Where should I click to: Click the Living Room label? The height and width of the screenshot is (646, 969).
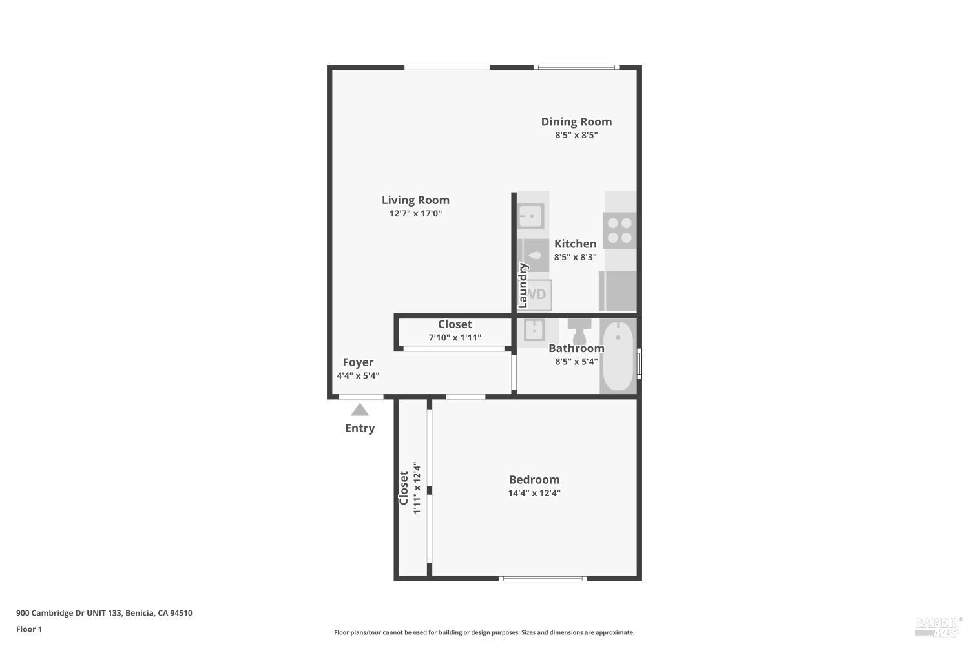tap(415, 200)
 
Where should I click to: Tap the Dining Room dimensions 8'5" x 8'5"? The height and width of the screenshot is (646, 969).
tap(576, 136)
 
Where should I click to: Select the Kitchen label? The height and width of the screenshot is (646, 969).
tap(575, 244)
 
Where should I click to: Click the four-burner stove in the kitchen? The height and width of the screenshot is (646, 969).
tap(620, 231)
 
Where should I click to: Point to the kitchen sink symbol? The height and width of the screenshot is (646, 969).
tap(531, 216)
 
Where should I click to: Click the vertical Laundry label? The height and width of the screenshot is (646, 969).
tap(523, 285)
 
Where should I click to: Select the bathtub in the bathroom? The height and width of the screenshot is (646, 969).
tap(618, 356)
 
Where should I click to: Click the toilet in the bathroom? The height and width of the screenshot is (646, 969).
tap(579, 331)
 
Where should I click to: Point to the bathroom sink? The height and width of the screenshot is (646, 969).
tap(534, 330)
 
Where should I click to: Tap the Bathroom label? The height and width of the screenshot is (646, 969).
tap(576, 348)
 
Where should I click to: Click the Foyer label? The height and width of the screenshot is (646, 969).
tap(358, 362)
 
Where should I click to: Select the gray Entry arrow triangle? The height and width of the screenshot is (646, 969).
tap(360, 410)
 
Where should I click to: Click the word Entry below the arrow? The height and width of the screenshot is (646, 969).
tap(360, 428)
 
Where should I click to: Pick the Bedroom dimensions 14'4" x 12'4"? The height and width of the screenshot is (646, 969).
tap(534, 493)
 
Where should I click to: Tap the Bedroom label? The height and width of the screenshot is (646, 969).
tap(534, 479)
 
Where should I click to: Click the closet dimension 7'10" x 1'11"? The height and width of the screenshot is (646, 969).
tap(455, 337)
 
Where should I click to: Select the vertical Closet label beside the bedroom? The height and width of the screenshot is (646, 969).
tap(404, 488)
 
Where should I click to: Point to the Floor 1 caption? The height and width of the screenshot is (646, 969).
tap(29, 629)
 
